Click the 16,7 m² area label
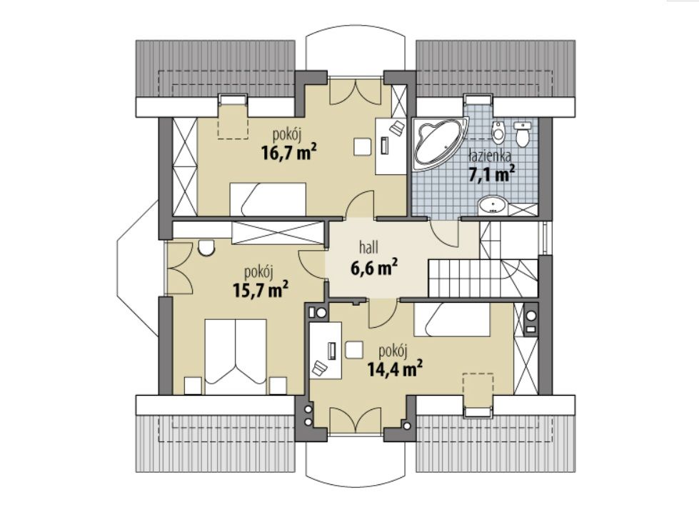tap(289, 153)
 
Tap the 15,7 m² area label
tap(261, 290)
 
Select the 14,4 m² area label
tap(395, 369)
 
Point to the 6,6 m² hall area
tap(374, 268)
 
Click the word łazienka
tap(490, 156)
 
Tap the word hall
tap(368, 248)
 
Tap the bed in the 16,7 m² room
tap(268, 199)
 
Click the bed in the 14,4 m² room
tap(451, 319)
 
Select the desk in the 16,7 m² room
tap(391, 146)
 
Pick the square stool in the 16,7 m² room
tap(363, 146)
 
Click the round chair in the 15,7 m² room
tap(206, 249)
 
